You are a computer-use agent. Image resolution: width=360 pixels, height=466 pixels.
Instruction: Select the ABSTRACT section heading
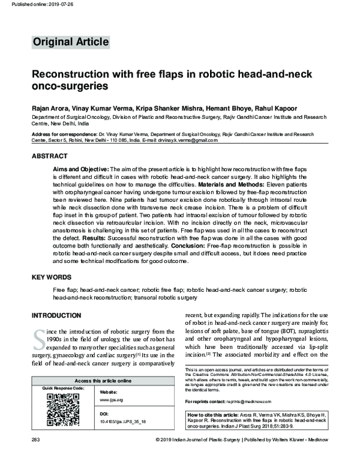pyautogui.click(x=49, y=156)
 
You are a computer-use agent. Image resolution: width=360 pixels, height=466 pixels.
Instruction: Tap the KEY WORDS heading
pyautogui.click(x=52, y=278)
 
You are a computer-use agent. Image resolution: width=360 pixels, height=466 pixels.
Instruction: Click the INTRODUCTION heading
pyautogui.click(x=56, y=315)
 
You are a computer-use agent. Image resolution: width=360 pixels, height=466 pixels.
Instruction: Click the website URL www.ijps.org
pyautogui.click(x=111, y=399)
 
